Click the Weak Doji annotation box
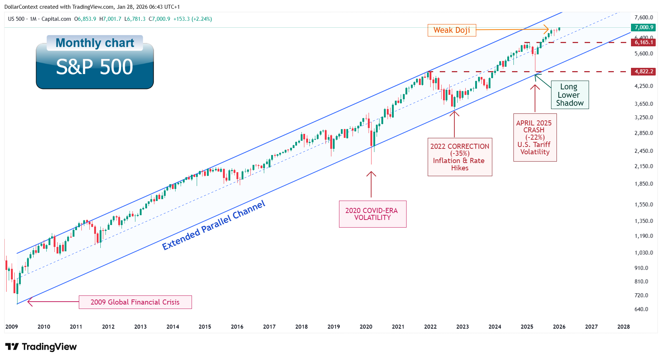pos(451,30)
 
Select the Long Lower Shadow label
pos(569,95)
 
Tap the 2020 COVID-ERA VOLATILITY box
pos(372,214)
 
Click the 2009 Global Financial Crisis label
pos(135,302)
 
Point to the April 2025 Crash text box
pos(535,138)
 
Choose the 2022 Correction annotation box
pos(459,157)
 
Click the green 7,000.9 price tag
pos(643,27)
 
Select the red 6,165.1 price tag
pos(643,42)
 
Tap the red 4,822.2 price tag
pos(643,71)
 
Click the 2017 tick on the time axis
pos(269,327)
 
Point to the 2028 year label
pos(623,327)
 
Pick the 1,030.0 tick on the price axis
pos(643,253)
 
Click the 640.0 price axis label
pos(641,309)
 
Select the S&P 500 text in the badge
pos(95,67)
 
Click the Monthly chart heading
pos(95,43)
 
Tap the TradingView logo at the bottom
pos(41,347)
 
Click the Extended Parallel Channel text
pos(213,225)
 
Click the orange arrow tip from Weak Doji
pos(547,29)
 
